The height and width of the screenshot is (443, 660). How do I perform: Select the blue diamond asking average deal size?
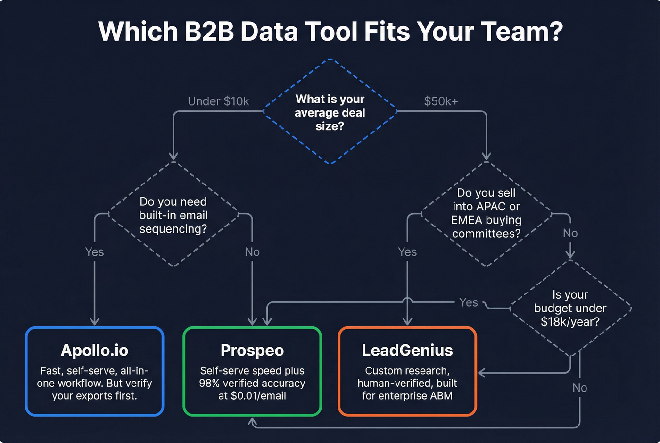pyautogui.click(x=330, y=112)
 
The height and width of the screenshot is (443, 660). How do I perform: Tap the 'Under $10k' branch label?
pyautogui.click(x=218, y=101)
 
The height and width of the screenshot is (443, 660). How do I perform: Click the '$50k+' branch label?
pyautogui.click(x=441, y=101)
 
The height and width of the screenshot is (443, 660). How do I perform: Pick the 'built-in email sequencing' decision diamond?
pyautogui.click(x=173, y=215)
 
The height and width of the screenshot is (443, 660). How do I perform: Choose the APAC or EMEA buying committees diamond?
pyautogui.click(x=486, y=213)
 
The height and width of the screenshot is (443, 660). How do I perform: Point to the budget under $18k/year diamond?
pyautogui.click(x=570, y=308)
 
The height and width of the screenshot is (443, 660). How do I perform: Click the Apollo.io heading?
pyautogui.click(x=94, y=351)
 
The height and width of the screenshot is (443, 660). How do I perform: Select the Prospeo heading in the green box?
pyautogui.click(x=252, y=351)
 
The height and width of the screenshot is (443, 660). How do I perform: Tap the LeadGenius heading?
pyautogui.click(x=407, y=351)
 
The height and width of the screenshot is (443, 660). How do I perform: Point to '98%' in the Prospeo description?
pyautogui.click(x=209, y=383)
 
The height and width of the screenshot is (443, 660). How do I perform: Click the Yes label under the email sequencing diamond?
pyautogui.click(x=95, y=252)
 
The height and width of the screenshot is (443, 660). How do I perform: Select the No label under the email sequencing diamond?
pyautogui.click(x=252, y=252)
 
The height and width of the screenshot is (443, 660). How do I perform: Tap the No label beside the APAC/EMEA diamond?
pyautogui.click(x=570, y=233)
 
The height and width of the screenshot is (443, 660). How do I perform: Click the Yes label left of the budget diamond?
pyautogui.click(x=469, y=302)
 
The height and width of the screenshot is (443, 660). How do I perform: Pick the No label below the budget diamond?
pyautogui.click(x=579, y=388)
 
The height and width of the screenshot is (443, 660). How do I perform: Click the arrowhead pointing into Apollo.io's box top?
pyautogui.click(x=95, y=322)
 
